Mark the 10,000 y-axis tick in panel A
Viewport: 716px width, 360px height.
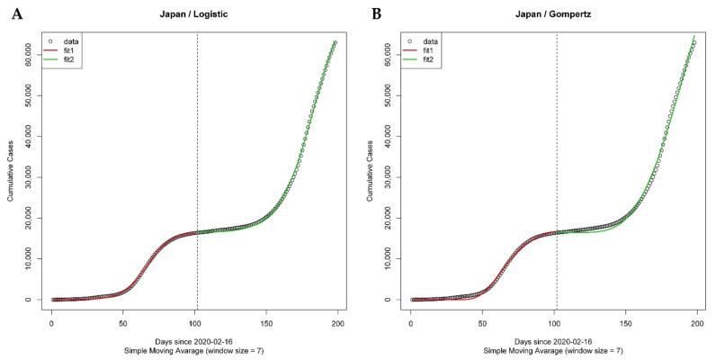30,259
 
